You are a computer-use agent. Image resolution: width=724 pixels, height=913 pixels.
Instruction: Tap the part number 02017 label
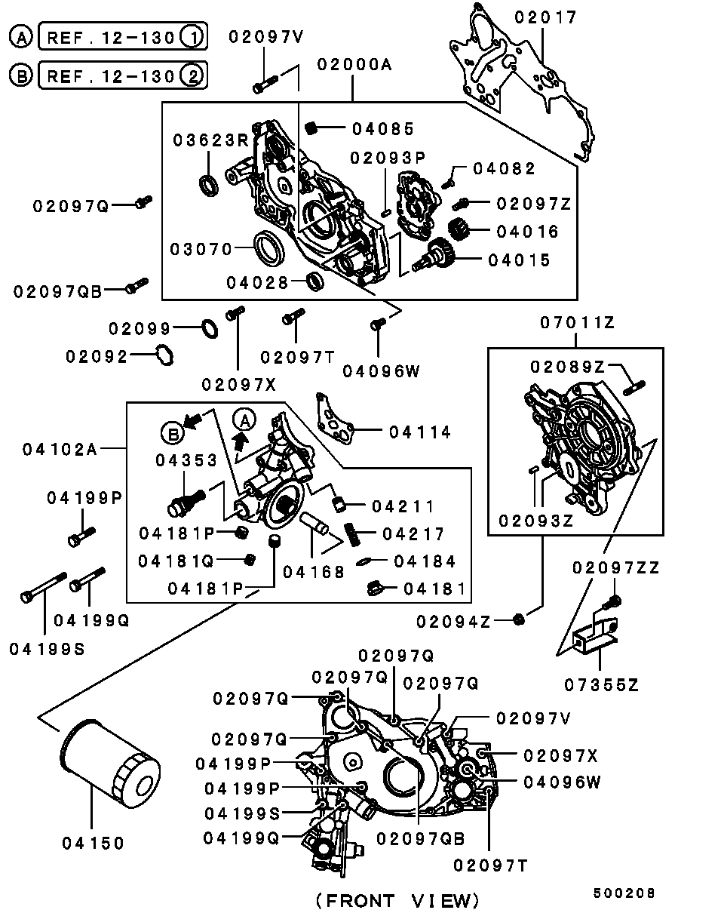(545, 17)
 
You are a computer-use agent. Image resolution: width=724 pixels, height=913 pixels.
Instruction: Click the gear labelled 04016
(459, 229)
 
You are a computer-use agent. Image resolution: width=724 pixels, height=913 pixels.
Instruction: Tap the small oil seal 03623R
(208, 183)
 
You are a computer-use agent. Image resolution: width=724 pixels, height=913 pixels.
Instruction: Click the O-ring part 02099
(210, 328)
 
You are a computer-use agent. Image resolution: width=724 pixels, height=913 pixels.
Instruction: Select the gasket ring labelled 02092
(164, 354)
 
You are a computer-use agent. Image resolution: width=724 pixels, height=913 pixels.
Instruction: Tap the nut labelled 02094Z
(518, 619)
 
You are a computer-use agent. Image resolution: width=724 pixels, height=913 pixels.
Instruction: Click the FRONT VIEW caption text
(397, 900)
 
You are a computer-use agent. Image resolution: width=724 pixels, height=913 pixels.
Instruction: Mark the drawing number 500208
(624, 893)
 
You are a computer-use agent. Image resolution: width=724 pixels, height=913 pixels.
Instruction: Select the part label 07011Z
(577, 323)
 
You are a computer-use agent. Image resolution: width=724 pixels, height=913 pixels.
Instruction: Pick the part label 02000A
(354, 66)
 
